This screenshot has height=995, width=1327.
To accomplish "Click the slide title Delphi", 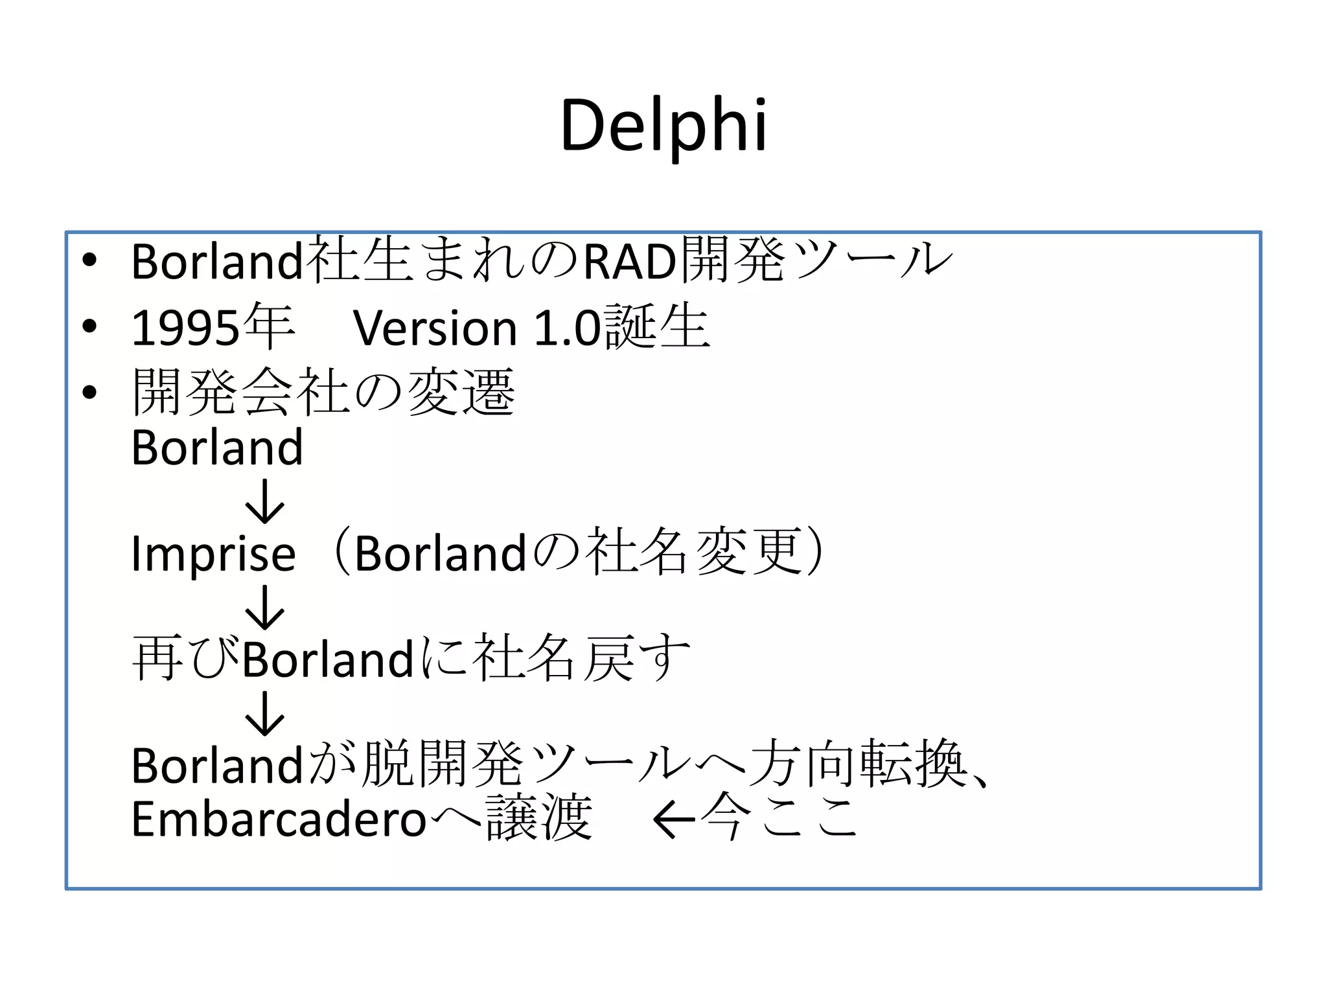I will pos(663,126).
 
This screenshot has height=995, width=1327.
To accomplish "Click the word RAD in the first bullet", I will pos(629,262).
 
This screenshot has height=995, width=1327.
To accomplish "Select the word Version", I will pos(435,328).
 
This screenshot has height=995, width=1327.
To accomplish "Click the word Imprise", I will pos(213,554).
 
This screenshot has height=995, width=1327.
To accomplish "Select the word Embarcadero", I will pos(279,819).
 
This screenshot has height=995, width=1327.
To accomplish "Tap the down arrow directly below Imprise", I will pos(264,607).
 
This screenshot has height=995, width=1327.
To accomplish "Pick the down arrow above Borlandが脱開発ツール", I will pos(264,713).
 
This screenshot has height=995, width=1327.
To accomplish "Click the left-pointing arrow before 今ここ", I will pos(674,820).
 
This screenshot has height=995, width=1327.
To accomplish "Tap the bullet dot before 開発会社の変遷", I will pos(89,392).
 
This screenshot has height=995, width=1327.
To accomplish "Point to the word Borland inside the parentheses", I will pos(440,554).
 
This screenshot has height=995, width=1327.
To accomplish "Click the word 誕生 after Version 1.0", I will pos(657,327).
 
